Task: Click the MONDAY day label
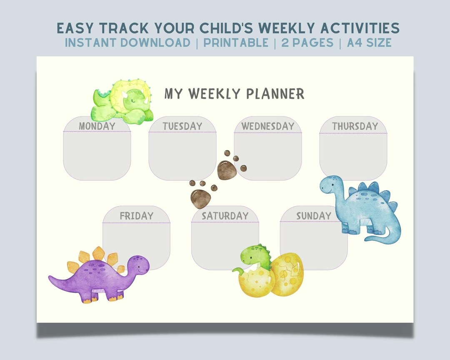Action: click(97, 126)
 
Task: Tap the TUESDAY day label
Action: click(182, 126)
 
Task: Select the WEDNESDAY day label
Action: click(267, 126)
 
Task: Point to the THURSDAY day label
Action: click(355, 126)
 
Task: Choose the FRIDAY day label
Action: click(136, 216)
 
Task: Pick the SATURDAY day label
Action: click(225, 216)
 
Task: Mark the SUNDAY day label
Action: click(313, 216)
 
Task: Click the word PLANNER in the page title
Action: click(275, 94)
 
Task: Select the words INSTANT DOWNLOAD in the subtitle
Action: click(127, 42)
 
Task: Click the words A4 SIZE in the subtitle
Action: click(369, 42)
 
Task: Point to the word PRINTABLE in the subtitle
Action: click(236, 42)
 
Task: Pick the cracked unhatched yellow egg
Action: click(287, 274)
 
